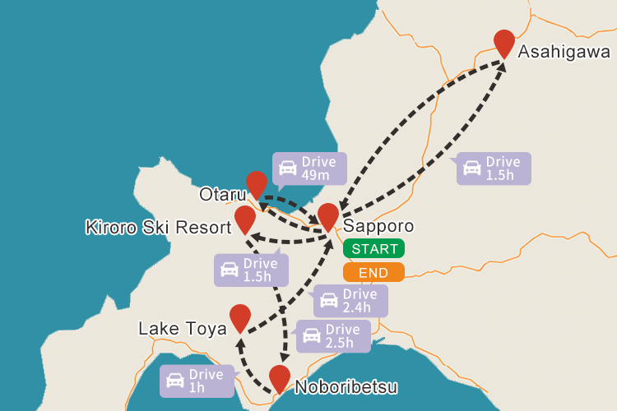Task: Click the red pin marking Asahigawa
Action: pos(503,42)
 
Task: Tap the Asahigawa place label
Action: pos(564,52)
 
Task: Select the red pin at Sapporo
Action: pos(328,215)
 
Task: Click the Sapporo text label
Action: pos(378,226)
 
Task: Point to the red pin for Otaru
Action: pos(257,183)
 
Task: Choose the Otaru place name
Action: pos(222,195)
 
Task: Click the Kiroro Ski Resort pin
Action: pos(245,218)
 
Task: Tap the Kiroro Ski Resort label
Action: pos(158,227)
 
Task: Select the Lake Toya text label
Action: pos(182,329)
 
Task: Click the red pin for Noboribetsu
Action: pos(280,377)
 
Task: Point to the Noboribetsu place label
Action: pos(346,387)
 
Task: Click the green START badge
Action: pos(373,248)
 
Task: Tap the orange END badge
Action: pos(373,272)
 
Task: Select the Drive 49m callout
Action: pos(308,169)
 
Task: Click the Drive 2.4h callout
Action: pos(350,301)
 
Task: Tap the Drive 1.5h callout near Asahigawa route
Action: pos(493,169)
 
